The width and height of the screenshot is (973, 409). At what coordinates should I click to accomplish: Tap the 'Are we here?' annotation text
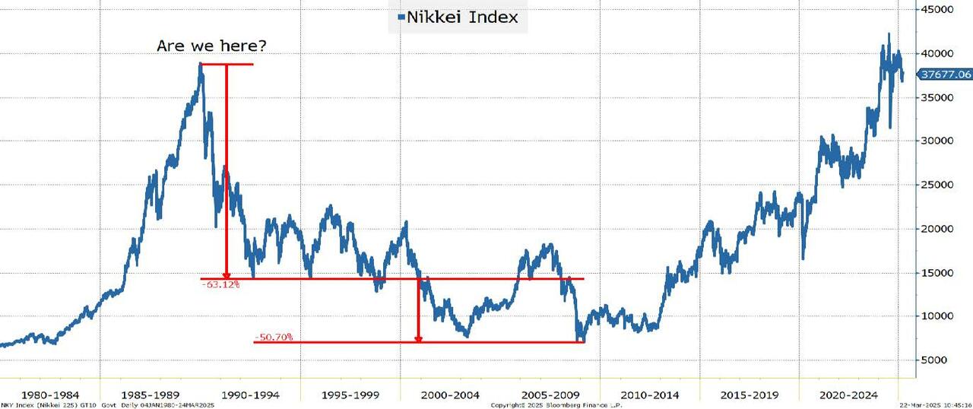tap(212, 46)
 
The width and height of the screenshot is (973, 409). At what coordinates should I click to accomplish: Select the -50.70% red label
tap(274, 337)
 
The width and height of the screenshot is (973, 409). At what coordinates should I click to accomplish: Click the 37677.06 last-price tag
tap(945, 75)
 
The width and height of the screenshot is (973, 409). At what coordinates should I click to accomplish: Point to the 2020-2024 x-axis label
tap(850, 395)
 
